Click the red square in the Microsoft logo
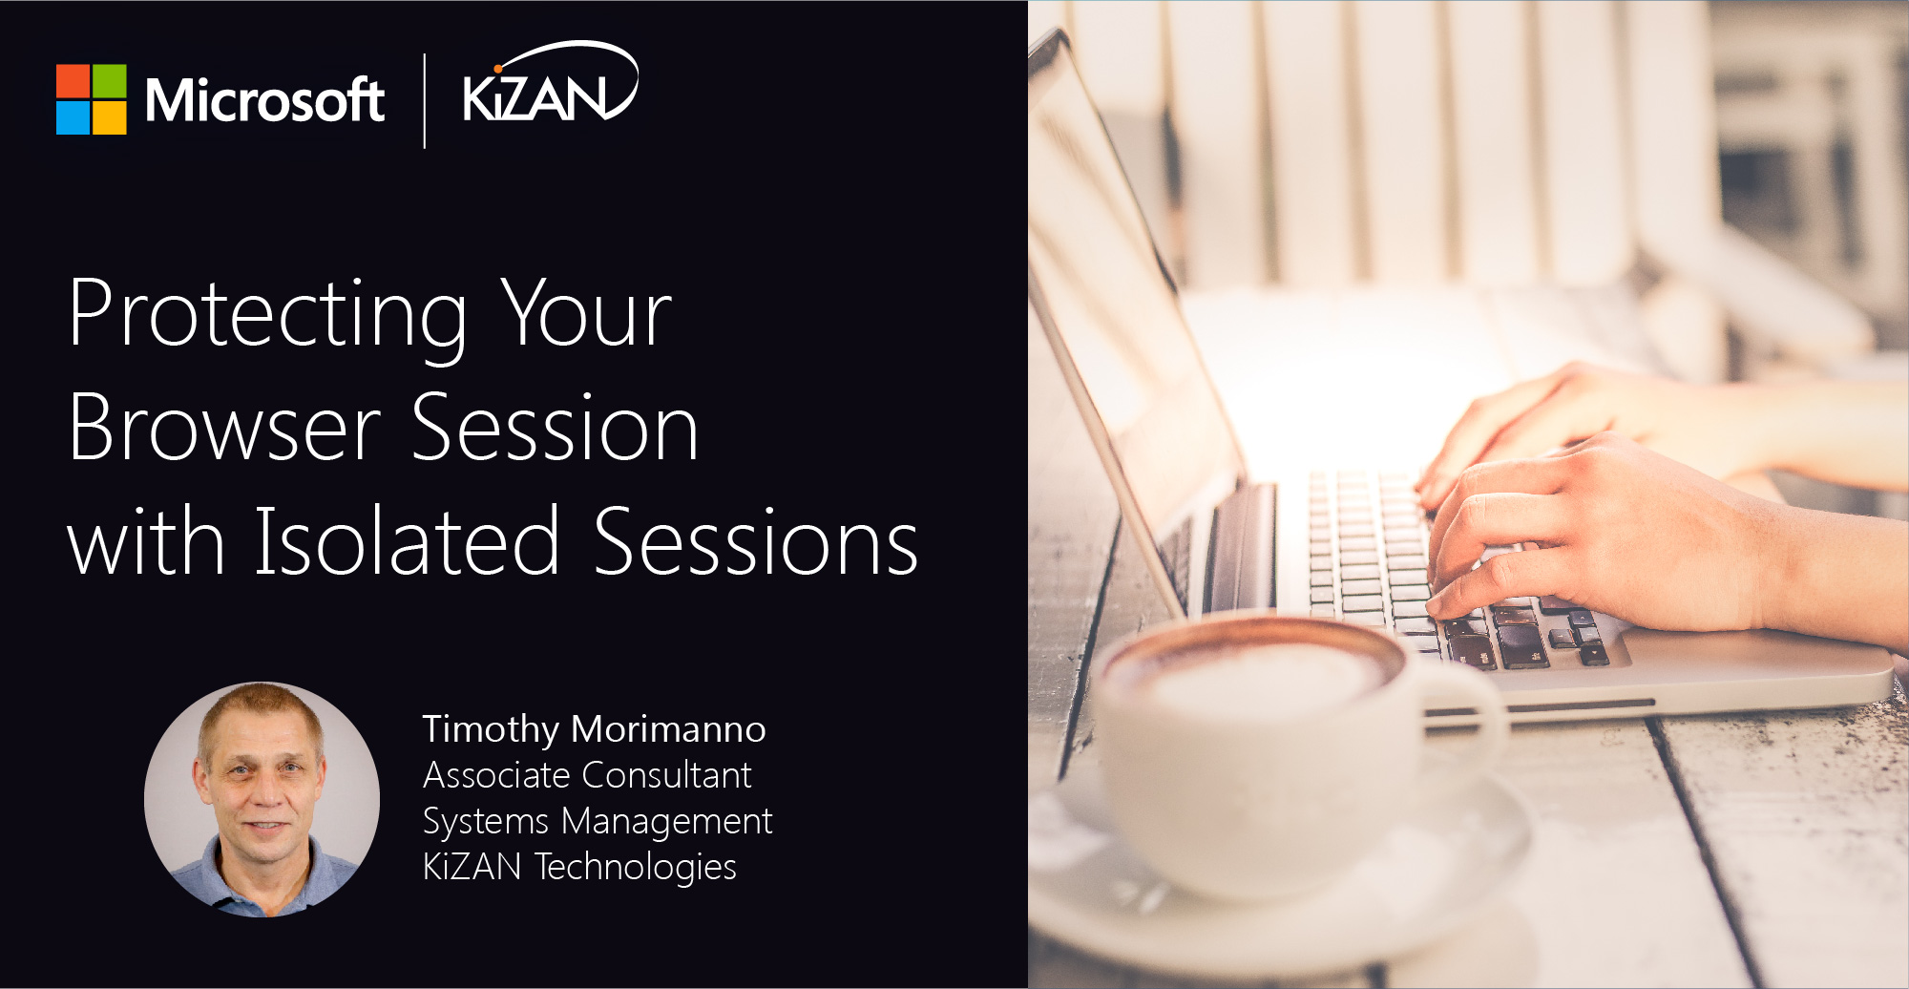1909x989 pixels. click(x=73, y=81)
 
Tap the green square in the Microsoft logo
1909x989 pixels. click(x=110, y=81)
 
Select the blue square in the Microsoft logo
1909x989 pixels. click(x=73, y=117)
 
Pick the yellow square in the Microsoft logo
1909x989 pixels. click(x=110, y=117)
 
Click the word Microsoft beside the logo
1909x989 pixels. click(x=264, y=100)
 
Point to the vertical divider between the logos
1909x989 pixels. click(x=424, y=101)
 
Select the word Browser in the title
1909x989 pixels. click(x=225, y=428)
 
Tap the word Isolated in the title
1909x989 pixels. click(x=407, y=540)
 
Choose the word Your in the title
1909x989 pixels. click(x=587, y=312)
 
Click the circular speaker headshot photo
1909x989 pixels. click(x=262, y=799)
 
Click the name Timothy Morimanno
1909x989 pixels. click(x=594, y=729)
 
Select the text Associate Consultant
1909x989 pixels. click(x=587, y=775)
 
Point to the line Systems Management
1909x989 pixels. click(x=598, y=822)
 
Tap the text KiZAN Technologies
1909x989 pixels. click(x=579, y=867)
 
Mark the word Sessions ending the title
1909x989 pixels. click(x=756, y=540)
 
